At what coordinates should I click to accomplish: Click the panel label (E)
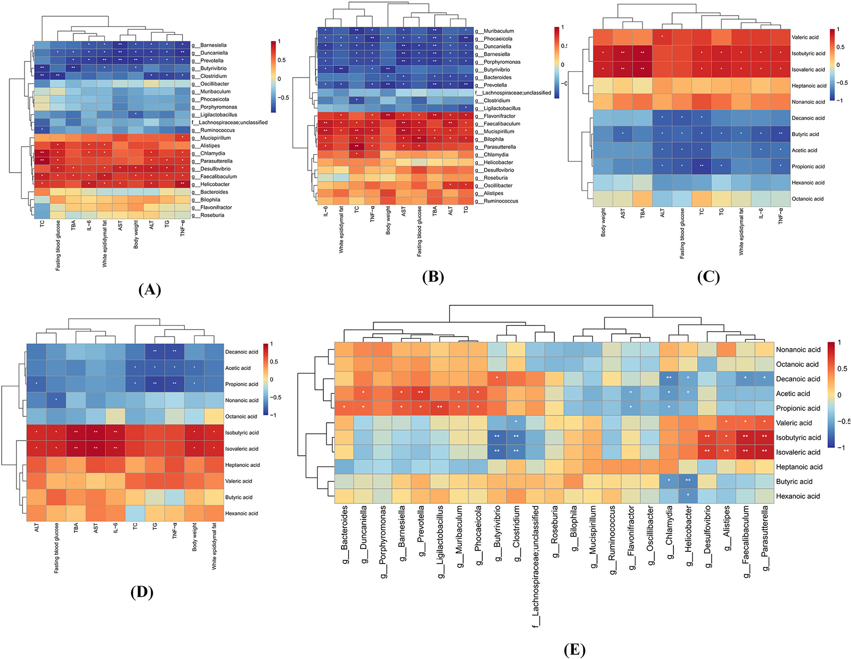574,650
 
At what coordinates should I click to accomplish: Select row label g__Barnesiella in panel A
211,45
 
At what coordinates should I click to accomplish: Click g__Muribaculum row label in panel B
496,31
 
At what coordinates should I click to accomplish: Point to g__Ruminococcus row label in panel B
498,201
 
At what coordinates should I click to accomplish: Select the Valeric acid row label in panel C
805,37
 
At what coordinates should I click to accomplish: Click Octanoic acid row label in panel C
807,199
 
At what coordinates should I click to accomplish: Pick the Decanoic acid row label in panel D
242,352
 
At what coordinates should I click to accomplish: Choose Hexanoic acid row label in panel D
242,513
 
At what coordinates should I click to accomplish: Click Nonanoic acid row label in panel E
798,349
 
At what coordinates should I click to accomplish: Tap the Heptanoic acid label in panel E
799,467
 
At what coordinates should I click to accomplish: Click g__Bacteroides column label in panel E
344,534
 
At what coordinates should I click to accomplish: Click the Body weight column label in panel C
603,222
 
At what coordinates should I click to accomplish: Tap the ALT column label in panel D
36,528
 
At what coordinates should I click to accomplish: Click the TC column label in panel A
42,224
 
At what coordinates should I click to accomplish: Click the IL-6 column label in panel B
326,211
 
